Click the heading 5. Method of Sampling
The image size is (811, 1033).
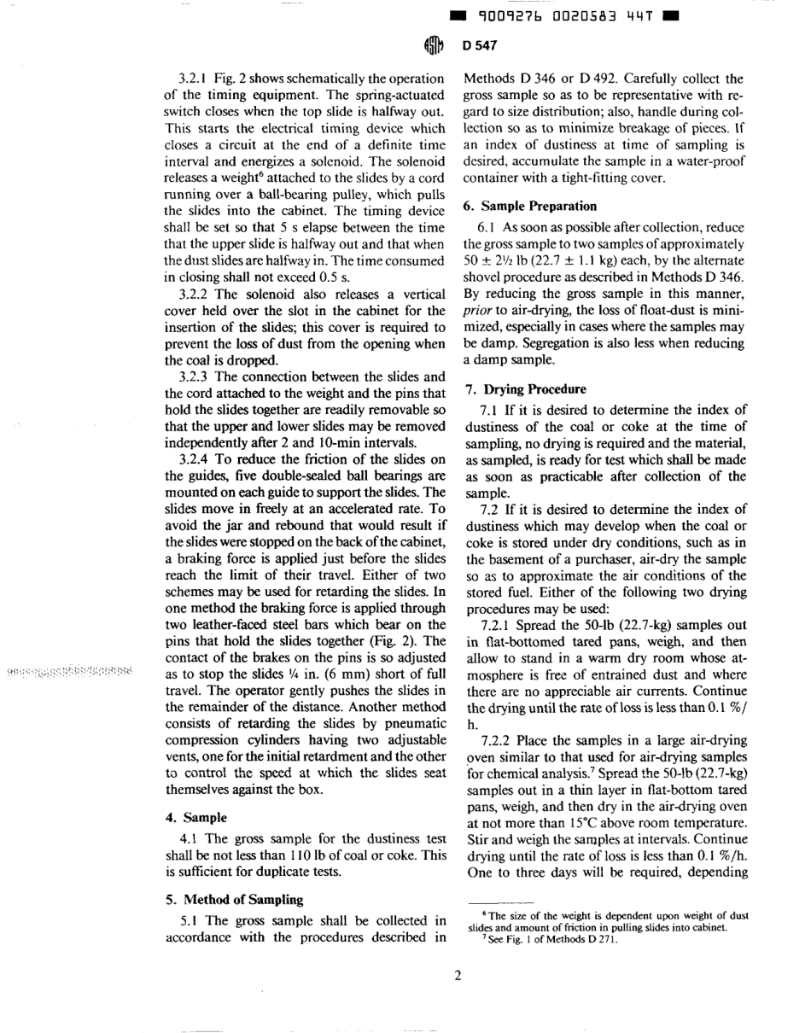[x=230, y=899]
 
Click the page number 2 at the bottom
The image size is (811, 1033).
[x=458, y=978]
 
